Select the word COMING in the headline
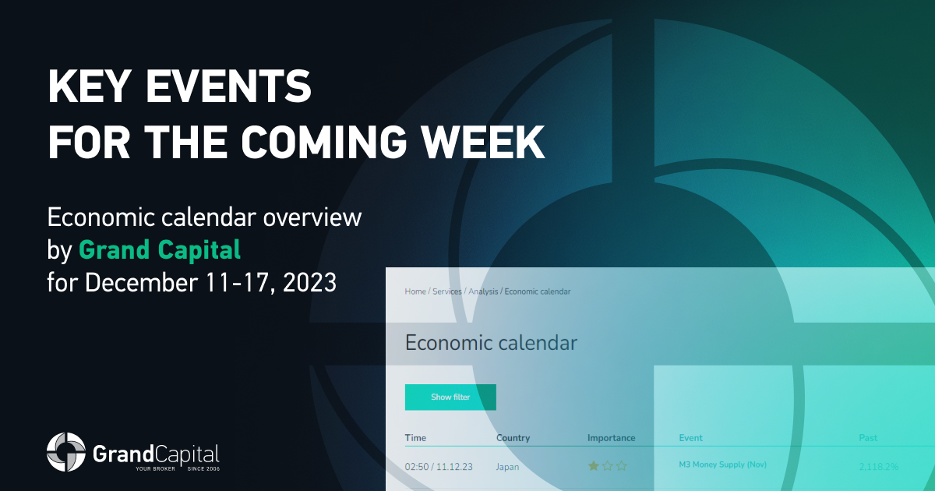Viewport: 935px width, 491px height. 323,142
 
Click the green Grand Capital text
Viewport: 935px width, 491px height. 160,249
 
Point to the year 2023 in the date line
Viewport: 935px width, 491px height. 309,282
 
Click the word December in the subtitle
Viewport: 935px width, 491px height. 142,282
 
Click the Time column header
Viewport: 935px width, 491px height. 415,437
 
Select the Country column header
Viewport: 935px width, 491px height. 513,437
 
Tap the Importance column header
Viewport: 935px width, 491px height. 611,437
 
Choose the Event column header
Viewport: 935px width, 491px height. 691,437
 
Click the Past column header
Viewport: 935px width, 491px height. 868,437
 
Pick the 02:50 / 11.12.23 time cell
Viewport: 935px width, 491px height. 439,466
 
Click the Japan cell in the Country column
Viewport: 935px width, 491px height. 507,467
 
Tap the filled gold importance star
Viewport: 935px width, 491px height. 593,465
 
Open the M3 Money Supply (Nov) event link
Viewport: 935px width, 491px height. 722,465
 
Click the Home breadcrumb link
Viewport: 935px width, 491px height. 415,291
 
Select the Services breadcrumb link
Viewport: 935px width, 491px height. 447,291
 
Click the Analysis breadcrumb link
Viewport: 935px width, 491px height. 483,291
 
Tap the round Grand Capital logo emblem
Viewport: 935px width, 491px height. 66,452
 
